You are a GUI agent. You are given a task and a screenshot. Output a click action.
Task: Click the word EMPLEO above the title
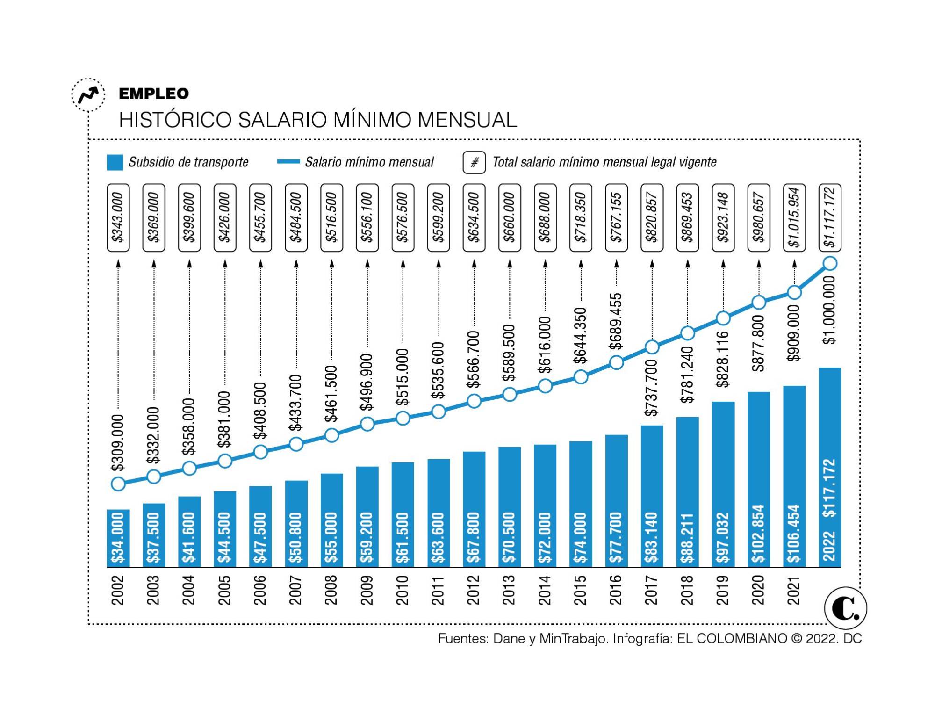[x=154, y=94]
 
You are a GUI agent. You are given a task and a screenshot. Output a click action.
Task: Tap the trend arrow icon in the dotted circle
[x=88, y=95]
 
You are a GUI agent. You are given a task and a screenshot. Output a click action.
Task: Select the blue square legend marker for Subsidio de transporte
[x=115, y=162]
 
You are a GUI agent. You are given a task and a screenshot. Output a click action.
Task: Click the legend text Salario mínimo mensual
[x=369, y=162]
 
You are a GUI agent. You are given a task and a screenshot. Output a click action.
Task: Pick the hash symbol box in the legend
[x=474, y=162]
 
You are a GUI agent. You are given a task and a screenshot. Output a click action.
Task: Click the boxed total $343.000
[x=118, y=217]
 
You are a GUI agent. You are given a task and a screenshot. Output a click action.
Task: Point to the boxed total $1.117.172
[x=830, y=217]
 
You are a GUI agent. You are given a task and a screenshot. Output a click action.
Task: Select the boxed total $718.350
[x=581, y=217]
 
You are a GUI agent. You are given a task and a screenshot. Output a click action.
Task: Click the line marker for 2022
[x=830, y=263]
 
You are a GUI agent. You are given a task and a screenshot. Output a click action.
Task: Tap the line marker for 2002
[x=118, y=484]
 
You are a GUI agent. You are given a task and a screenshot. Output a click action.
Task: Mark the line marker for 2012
[x=474, y=401]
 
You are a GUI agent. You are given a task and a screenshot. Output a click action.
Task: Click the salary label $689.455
[x=617, y=322]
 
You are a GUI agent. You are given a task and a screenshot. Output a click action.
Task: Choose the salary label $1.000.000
[x=829, y=310]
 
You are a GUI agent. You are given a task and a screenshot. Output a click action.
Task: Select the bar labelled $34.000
[x=118, y=538]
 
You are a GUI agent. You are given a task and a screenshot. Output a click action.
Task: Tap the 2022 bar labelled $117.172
[x=830, y=468]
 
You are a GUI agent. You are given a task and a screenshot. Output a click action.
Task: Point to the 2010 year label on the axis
[x=403, y=590]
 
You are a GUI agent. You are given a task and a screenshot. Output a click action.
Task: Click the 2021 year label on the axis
[x=794, y=590]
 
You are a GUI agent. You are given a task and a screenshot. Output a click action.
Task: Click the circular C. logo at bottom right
[x=845, y=608]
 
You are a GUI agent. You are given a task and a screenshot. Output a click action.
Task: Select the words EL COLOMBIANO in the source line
[x=732, y=638]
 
